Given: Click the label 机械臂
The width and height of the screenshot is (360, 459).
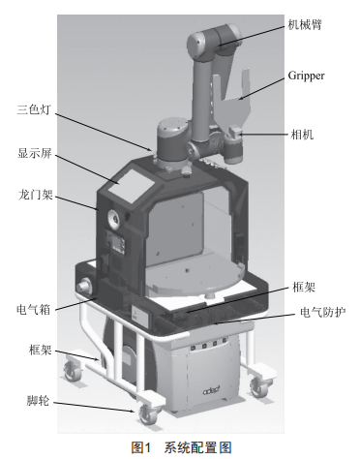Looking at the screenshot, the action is pos(305,24).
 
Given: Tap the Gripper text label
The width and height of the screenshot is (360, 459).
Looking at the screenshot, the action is pos(306,76).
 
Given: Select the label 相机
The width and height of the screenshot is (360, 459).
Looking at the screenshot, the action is pos(302,134).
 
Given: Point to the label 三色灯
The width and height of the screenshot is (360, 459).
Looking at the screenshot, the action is pos(34,109).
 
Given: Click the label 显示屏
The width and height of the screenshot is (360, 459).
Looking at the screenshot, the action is pos(35,153).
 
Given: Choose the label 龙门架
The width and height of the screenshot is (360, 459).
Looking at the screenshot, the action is pos(35,195).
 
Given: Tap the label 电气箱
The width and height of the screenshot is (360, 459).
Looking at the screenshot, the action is pos(34,310).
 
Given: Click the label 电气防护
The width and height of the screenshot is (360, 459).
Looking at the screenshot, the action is pos(323,312).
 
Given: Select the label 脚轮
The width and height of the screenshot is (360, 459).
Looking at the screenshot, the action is pos(38,401).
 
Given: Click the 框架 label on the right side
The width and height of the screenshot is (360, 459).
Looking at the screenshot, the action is pos(304,287).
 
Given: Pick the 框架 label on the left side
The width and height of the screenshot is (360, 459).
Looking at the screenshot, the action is pos(41,350).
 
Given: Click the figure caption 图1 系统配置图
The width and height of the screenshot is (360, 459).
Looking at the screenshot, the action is pos(181,448).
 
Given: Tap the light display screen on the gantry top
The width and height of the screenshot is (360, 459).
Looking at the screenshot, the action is pos(131,186).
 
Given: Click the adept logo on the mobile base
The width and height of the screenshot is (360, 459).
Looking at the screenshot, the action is pos(212,390).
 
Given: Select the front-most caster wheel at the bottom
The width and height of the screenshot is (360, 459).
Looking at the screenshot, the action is pos(148,414).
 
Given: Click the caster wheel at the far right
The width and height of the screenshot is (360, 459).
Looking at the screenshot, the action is pos(258,387).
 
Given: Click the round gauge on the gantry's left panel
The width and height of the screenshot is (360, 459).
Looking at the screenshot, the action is pos(113,218).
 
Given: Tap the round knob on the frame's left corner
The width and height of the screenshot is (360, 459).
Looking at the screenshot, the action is pos(83,287).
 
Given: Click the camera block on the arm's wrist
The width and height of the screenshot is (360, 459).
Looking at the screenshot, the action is pos(234,132).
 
